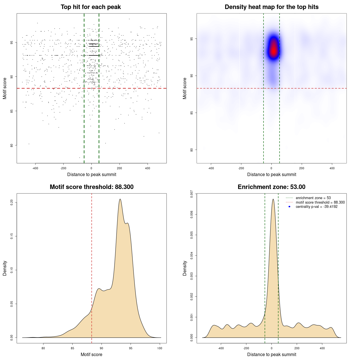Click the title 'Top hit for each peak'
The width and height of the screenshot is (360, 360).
click(x=91, y=7)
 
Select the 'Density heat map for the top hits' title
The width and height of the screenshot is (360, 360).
click(x=271, y=7)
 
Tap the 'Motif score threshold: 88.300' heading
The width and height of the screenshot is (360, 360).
click(x=91, y=187)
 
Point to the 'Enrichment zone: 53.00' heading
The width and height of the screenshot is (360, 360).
click(x=271, y=187)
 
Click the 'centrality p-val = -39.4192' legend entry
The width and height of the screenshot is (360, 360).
click(x=316, y=207)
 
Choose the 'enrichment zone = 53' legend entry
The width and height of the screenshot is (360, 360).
click(x=313, y=198)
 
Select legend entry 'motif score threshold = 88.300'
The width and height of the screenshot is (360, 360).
click(x=320, y=202)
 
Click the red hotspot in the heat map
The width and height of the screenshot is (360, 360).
click(x=273, y=51)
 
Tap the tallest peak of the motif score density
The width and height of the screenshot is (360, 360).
click(x=120, y=199)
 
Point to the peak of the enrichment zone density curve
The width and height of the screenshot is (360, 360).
click(x=273, y=199)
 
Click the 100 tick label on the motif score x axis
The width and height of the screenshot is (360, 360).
click(x=160, y=348)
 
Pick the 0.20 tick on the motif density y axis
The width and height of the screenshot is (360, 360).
click(x=12, y=202)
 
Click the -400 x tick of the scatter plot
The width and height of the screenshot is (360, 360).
click(x=35, y=168)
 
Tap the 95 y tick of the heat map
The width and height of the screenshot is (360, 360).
click(x=192, y=39)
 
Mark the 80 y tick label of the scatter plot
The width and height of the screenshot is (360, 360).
click(x=12, y=145)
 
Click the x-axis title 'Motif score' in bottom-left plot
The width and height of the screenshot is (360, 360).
click(x=91, y=354)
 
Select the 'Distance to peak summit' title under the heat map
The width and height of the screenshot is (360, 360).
click(x=271, y=174)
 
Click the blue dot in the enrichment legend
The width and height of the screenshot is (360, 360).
click(x=289, y=207)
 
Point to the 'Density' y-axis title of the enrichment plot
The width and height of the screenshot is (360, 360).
click(x=185, y=268)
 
